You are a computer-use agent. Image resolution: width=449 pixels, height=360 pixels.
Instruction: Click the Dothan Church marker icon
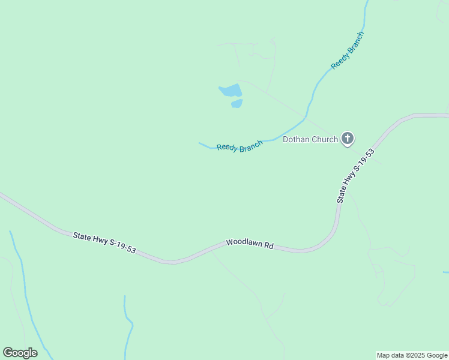click(x=347, y=139)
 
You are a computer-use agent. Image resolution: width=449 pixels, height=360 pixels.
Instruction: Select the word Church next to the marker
click(x=326, y=140)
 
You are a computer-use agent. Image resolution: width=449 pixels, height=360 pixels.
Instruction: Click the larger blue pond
click(x=231, y=91)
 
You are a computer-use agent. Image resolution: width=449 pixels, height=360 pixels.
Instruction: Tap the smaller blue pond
click(x=237, y=103)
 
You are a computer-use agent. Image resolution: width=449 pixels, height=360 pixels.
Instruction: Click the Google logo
click(x=20, y=353)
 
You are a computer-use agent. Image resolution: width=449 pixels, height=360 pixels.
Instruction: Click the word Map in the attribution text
click(x=383, y=355)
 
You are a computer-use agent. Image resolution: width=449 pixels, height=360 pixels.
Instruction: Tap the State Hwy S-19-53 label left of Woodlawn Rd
click(x=104, y=244)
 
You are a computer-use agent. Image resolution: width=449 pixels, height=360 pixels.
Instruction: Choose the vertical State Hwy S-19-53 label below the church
click(x=355, y=175)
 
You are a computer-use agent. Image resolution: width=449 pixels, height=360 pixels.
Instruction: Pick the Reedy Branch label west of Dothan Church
click(x=240, y=146)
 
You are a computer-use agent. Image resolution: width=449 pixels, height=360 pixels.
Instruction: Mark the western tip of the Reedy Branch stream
click(x=199, y=143)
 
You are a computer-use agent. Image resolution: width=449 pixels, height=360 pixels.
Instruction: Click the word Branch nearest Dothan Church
click(x=252, y=145)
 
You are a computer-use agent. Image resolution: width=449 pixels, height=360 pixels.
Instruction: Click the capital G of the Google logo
click(x=8, y=352)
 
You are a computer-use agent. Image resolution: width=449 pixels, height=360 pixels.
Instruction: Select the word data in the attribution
click(x=396, y=355)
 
